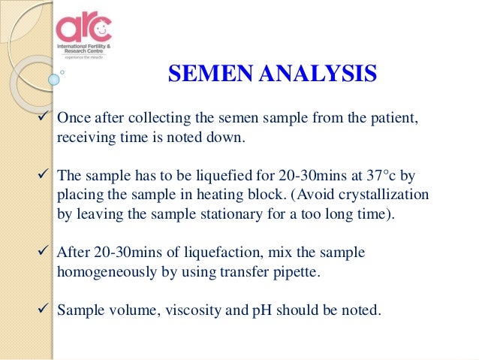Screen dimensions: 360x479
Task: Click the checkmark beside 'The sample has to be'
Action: click(x=46, y=174)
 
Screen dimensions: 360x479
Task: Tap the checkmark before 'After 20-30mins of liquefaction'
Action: click(x=46, y=252)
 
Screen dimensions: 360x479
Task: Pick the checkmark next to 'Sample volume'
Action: click(x=46, y=308)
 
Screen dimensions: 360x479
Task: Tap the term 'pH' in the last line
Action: click(x=252, y=309)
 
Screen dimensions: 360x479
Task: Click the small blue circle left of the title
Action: click(x=55, y=77)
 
